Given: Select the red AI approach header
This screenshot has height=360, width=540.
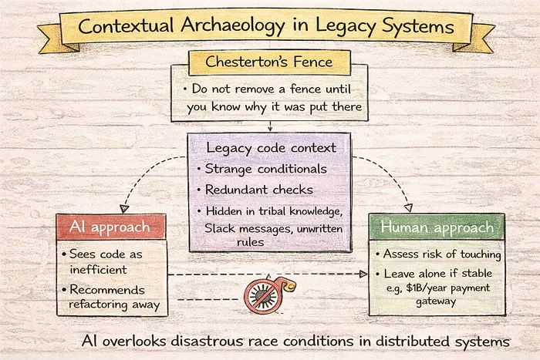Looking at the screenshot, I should (x=112, y=227).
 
